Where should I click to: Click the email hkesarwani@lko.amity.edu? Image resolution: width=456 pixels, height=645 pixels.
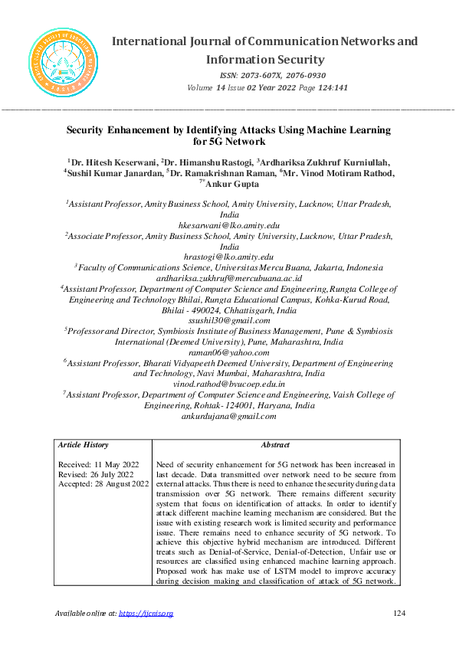pos(228,226)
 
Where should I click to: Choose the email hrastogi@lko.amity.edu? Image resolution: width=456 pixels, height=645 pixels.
pos(228,257)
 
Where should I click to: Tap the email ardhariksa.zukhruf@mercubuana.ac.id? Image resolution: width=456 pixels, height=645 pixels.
pos(228,278)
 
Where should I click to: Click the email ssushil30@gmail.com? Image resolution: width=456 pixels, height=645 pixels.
pos(228,321)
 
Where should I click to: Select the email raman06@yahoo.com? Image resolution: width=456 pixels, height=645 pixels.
pos(228,352)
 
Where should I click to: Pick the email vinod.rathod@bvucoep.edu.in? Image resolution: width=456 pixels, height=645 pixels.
pos(228,383)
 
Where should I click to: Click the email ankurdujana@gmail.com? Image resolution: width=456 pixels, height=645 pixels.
pos(228,416)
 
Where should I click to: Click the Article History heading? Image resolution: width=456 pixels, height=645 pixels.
pos(84,445)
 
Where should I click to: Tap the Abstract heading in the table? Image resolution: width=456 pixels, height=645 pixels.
pos(275,445)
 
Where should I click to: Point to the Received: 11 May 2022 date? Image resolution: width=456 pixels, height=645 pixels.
pos(98,465)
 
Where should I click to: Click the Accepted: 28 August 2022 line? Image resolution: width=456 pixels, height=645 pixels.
pos(103,484)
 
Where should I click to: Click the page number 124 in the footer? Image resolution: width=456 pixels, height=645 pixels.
pos(398,614)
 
